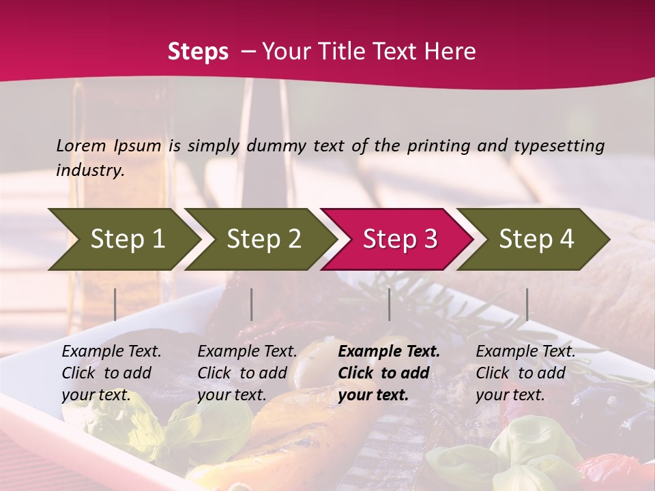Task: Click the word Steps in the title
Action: [198, 52]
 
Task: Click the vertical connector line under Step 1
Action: [115, 304]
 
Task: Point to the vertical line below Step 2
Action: [252, 304]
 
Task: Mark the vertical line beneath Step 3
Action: [390, 304]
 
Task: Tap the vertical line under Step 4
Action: [527, 304]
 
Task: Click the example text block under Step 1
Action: [111, 373]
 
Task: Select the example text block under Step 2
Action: [247, 373]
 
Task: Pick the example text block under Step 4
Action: [525, 373]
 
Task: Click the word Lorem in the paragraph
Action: [81, 146]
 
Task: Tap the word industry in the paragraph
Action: [89, 170]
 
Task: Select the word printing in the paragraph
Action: [439, 146]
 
